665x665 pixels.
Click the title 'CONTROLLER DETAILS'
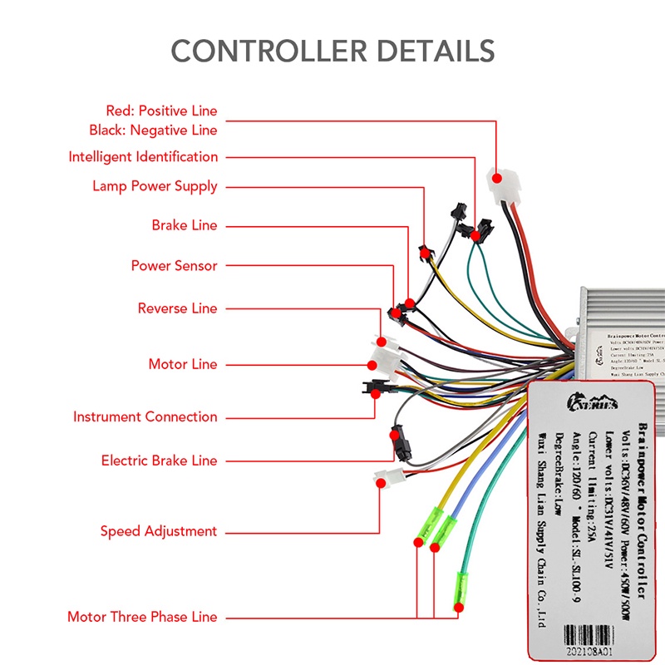coord(332,50)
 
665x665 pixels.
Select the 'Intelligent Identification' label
coord(143,157)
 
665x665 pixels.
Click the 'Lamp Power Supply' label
coord(155,186)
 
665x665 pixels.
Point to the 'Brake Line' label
coord(184,225)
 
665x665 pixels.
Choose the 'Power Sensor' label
coord(174,266)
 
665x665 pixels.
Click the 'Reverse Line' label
coord(177,308)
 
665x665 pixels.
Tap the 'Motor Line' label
coord(182,364)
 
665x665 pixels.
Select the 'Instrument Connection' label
coord(145,416)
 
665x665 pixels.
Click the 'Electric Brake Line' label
coord(159,461)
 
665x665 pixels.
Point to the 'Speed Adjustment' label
coord(158,531)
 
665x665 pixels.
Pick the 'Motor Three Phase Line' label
coord(142,617)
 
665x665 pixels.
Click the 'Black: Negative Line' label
coord(153,131)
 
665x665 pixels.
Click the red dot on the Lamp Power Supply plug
coord(423,251)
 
